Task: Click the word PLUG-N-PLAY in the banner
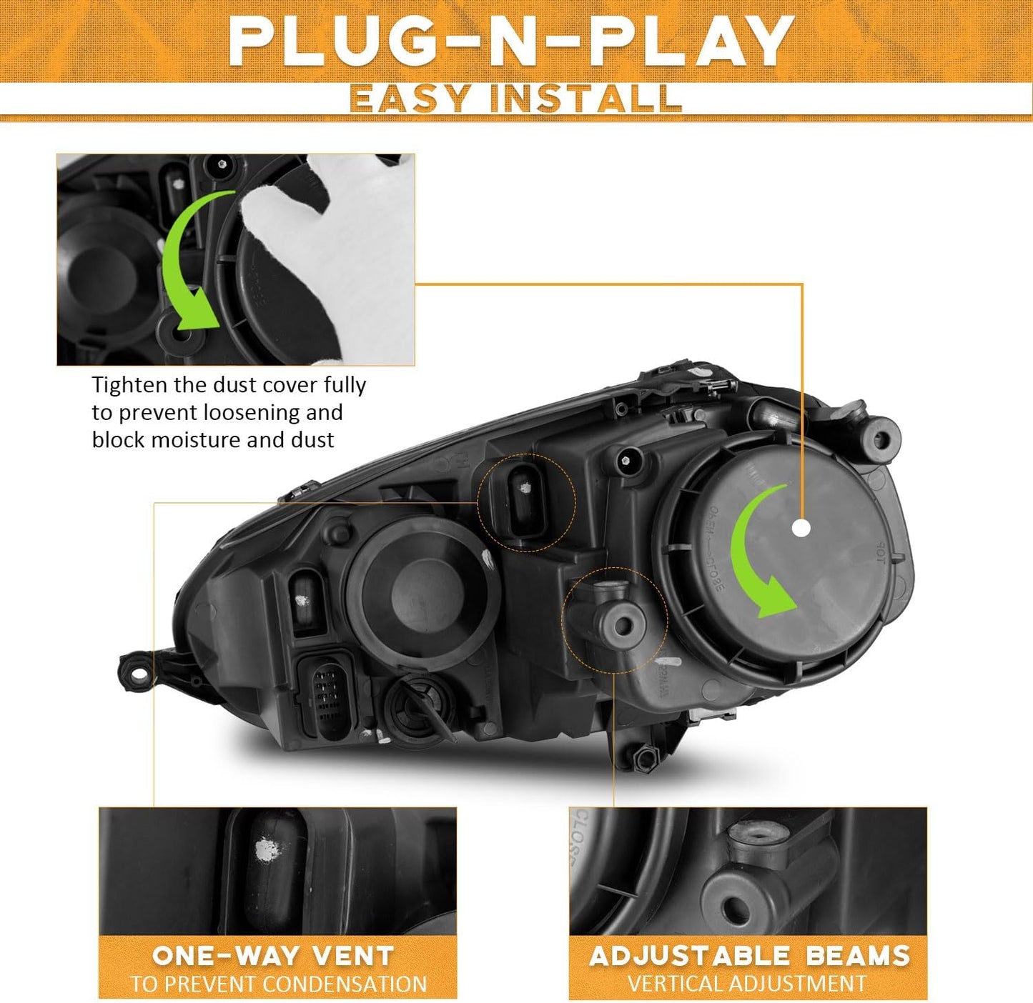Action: click(510, 42)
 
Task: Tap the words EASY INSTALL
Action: click(515, 98)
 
